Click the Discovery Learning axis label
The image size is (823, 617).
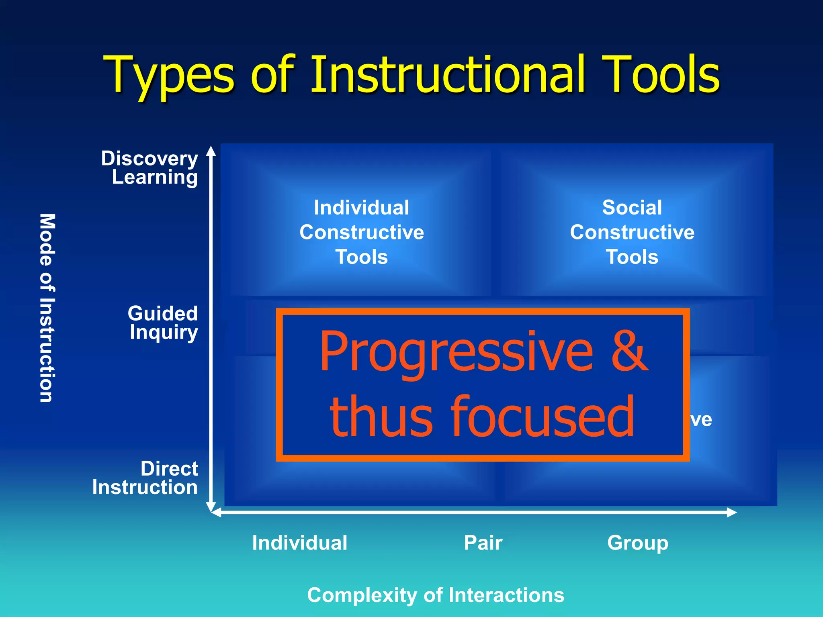[149, 168]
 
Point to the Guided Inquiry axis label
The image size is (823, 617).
[163, 323]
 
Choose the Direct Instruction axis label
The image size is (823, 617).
[145, 478]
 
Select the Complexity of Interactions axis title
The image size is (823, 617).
[436, 595]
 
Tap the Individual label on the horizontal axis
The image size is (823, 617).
[299, 543]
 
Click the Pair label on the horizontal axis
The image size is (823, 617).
[483, 543]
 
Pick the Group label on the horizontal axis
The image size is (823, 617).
[637, 543]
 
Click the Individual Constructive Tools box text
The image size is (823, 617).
[361, 232]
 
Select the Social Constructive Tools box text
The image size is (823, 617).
[632, 232]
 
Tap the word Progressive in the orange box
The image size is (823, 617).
[456, 352]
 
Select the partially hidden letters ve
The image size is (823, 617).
[701, 420]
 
